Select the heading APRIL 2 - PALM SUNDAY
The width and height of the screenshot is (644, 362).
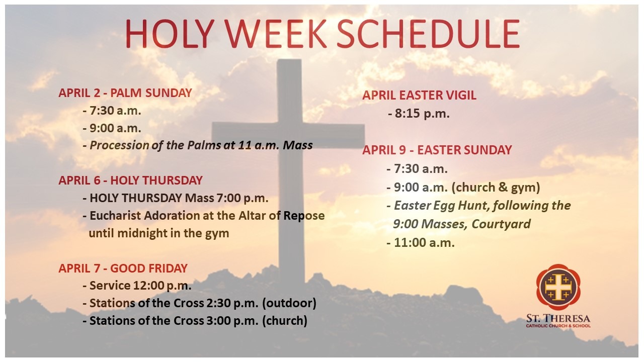click(125, 93)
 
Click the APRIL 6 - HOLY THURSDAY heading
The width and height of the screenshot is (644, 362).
click(130, 180)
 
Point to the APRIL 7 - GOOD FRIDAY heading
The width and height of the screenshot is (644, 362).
click(123, 268)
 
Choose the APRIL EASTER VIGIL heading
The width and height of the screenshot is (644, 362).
click(419, 96)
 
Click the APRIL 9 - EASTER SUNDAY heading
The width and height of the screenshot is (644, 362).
click(437, 150)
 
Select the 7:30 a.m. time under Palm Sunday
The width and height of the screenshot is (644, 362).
click(115, 111)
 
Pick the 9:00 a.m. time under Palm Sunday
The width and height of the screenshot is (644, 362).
click(115, 128)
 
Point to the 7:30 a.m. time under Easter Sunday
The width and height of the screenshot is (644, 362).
click(421, 169)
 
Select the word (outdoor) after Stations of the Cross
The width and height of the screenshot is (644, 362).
click(289, 303)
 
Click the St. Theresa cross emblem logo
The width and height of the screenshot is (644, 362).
click(558, 286)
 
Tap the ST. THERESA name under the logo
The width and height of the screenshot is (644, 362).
click(558, 318)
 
